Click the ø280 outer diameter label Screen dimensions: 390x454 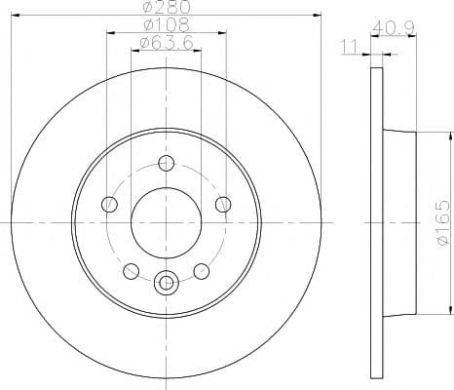[x=166, y=8]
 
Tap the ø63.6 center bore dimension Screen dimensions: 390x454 [x=166, y=43]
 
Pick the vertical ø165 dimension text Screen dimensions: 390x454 [x=441, y=222]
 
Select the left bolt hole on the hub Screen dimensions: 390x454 [x=109, y=204]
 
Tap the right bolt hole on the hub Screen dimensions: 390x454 [x=223, y=204]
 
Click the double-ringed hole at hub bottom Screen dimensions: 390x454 [x=167, y=283]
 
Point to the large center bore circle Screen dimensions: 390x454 [x=167, y=222]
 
